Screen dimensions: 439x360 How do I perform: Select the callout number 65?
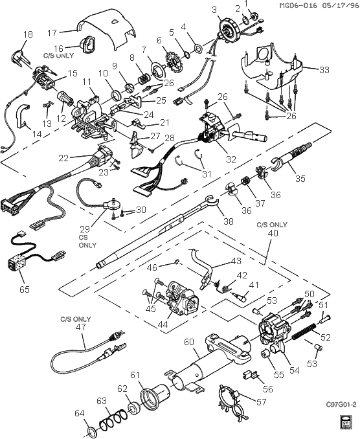[x=24, y=289]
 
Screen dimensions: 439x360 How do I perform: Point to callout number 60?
[x=188, y=341]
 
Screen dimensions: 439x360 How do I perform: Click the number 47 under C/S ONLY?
[x=81, y=328]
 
